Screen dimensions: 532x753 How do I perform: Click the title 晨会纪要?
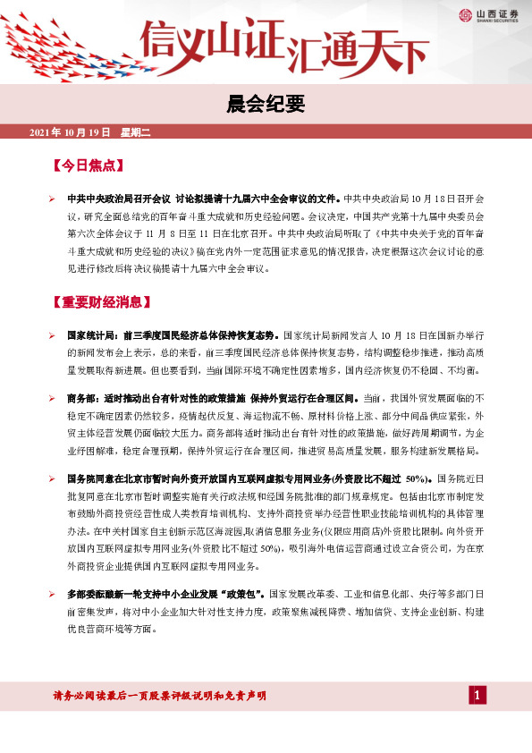(x=266, y=105)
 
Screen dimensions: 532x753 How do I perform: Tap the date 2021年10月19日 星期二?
(x=90, y=132)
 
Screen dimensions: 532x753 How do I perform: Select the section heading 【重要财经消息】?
(x=99, y=302)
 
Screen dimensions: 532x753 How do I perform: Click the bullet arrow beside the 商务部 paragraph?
(x=53, y=397)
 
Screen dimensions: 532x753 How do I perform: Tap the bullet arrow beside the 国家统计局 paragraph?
(x=53, y=334)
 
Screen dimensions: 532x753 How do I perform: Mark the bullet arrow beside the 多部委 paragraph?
(x=53, y=594)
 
